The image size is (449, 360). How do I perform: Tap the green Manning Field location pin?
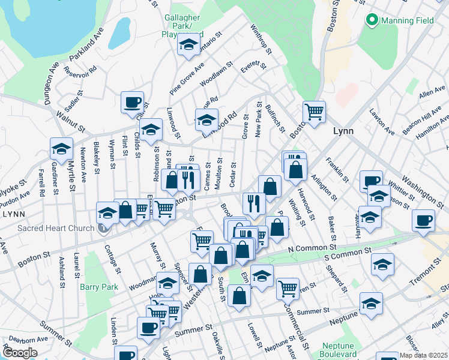(372, 20)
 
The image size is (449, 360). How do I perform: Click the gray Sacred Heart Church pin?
(104, 228)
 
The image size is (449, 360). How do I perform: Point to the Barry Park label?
(99, 287)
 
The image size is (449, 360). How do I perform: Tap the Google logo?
(19, 353)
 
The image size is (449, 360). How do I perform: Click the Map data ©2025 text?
(423, 355)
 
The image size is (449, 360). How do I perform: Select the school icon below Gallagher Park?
(189, 46)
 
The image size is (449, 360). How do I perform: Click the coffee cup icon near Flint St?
(132, 102)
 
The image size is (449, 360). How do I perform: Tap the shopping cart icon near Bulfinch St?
(314, 111)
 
